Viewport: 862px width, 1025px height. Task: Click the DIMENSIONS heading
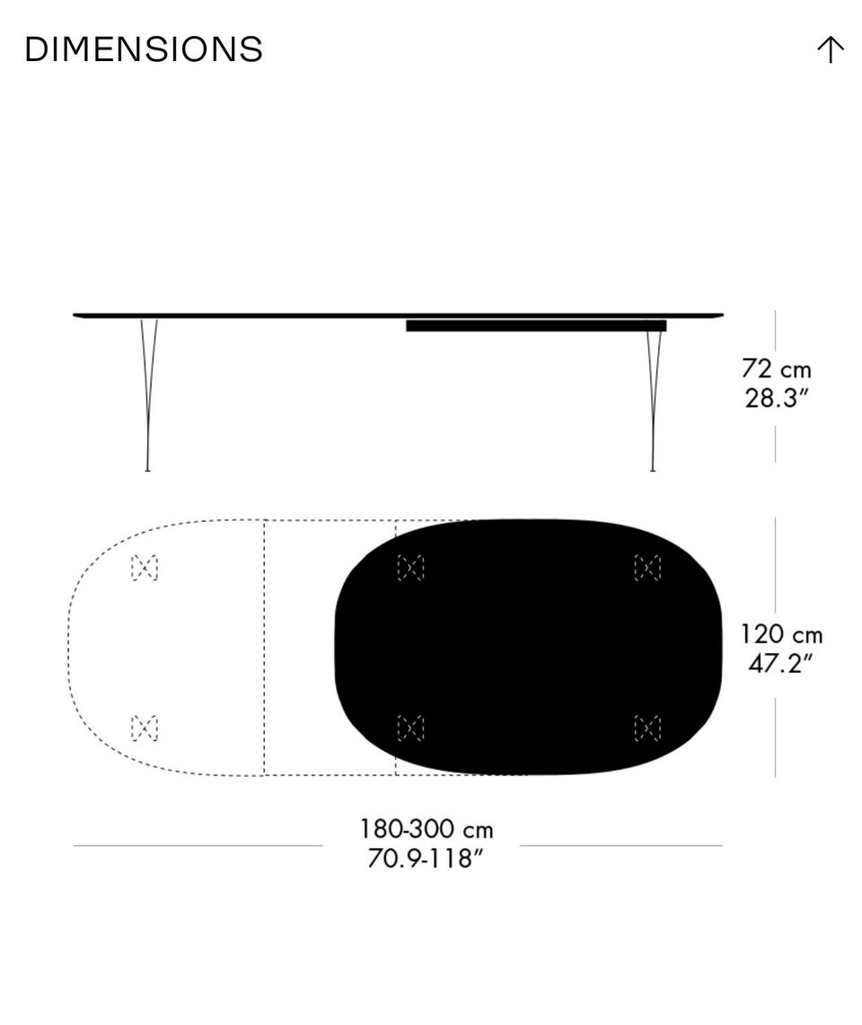tap(144, 49)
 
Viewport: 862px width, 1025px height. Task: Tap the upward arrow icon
tap(830, 49)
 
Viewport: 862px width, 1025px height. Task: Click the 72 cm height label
tap(777, 368)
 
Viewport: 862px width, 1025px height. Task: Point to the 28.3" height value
tap(777, 397)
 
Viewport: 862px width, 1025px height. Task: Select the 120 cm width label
tap(781, 634)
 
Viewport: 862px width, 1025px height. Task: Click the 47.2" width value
tap(780, 663)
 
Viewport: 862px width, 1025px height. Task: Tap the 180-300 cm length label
tap(427, 829)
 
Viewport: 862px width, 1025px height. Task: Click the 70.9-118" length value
tap(426, 858)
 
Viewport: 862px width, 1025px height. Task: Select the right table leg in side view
tap(653, 400)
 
